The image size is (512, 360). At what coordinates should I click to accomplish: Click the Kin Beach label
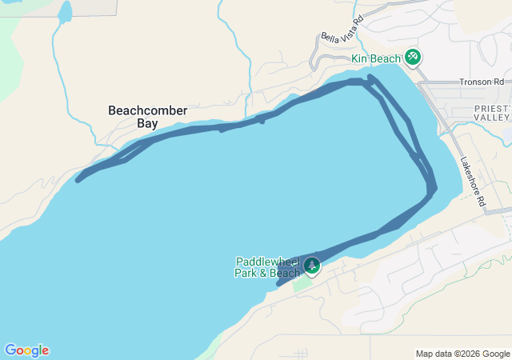pos(376,59)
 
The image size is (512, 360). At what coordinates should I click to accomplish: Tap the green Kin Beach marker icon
pos(413,57)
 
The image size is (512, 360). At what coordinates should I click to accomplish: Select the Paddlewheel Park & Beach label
pos(267,267)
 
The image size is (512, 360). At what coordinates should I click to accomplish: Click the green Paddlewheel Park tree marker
pos(312,265)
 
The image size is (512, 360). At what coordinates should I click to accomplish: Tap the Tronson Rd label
pos(482,82)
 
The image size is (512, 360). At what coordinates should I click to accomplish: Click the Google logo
pos(26,350)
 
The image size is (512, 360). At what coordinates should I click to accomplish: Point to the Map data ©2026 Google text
pos(462,354)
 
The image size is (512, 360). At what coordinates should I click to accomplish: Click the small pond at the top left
pos(65,11)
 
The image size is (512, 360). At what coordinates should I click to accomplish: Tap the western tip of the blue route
pos(78,180)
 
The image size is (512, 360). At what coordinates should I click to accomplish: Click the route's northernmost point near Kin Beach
pos(370,77)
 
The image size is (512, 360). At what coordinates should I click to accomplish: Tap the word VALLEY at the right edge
pos(491,117)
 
